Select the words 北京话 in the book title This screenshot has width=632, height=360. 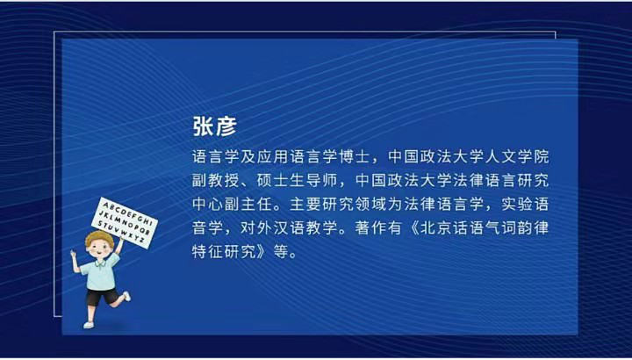[478, 231]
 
